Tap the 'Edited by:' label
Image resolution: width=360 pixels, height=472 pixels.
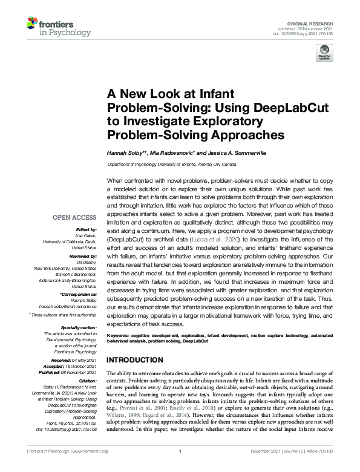(x=85, y=230)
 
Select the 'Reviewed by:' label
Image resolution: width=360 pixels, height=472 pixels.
(x=82, y=256)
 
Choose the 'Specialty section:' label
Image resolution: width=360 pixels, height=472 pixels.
(x=77, y=327)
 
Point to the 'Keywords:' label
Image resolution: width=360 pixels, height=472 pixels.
(x=120, y=335)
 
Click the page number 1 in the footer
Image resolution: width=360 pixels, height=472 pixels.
(x=180, y=468)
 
